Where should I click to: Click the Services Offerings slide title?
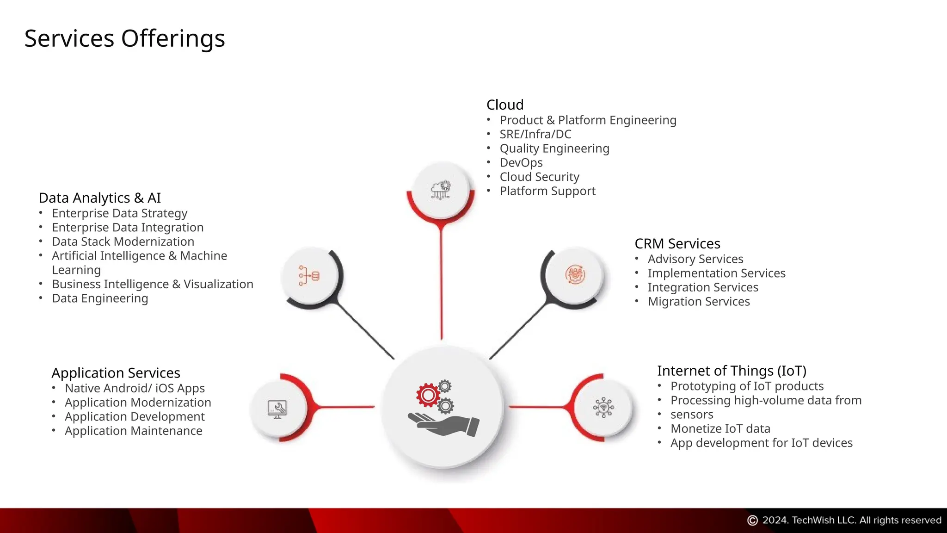click(124, 38)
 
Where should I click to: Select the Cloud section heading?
click(505, 105)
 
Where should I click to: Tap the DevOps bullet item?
click(521, 163)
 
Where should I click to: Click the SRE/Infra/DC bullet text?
click(535, 135)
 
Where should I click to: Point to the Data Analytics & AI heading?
click(100, 198)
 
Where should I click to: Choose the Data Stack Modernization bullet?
click(123, 242)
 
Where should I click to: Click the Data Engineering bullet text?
click(100, 299)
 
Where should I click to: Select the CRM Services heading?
click(677, 244)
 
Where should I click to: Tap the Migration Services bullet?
click(699, 302)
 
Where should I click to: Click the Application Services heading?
click(116, 373)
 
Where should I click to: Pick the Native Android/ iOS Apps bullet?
click(135, 389)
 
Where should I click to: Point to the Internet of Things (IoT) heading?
click(732, 371)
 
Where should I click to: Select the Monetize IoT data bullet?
click(720, 429)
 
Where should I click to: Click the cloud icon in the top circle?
click(440, 190)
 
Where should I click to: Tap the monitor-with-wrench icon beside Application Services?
click(277, 409)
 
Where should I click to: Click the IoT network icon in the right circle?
click(603, 408)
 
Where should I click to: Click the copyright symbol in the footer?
click(752, 521)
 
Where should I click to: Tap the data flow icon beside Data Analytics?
click(309, 276)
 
